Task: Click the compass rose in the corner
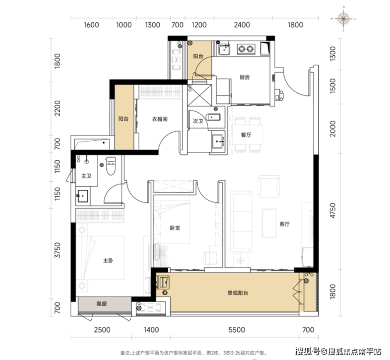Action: [343, 18]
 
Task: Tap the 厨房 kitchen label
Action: [245, 77]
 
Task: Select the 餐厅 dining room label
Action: [246, 135]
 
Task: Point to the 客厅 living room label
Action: [285, 224]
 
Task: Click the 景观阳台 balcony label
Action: [238, 293]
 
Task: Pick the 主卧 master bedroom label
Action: [108, 260]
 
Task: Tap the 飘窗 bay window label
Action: [102, 304]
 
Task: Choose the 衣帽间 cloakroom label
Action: [160, 119]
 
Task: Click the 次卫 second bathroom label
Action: [198, 121]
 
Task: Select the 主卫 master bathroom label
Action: [86, 176]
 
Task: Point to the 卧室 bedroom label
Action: [175, 228]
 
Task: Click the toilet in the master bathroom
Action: [111, 166]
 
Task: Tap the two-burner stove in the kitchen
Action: [246, 49]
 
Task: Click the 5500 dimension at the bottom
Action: [237, 330]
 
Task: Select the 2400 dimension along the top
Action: [242, 25]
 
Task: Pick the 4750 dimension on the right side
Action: [333, 211]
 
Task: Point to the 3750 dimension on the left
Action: [57, 250]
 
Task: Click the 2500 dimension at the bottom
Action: [102, 330]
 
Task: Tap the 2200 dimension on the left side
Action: [57, 108]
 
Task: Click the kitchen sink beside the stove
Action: [224, 49]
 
